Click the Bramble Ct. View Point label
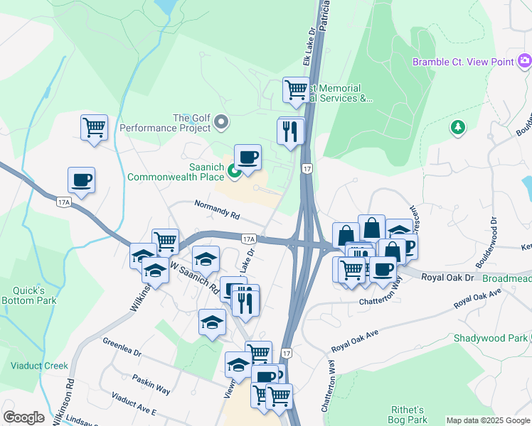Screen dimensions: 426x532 click(463, 62)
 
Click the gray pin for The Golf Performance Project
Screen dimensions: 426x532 click(221, 123)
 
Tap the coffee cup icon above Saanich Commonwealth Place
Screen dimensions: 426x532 click(248, 157)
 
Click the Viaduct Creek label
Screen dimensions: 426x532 click(39, 366)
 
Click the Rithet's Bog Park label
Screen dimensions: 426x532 click(408, 415)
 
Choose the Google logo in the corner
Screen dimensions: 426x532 click(23, 417)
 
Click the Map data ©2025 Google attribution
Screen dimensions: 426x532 click(487, 420)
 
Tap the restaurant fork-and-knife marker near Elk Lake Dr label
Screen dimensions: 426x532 click(290, 131)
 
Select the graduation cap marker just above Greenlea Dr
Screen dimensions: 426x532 click(211, 322)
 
